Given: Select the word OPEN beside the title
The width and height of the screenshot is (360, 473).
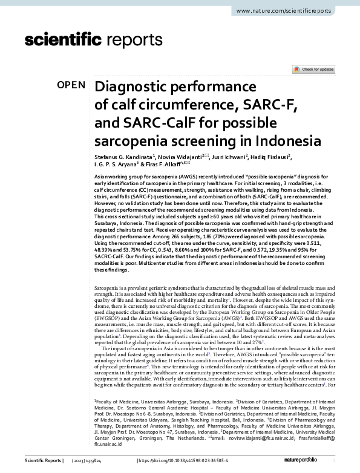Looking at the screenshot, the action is pyautogui.click(x=71, y=85).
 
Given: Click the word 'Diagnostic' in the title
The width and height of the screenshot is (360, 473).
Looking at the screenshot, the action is pyautogui.click(x=135, y=86).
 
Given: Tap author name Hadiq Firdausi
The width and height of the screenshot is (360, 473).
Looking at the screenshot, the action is pyautogui.click(x=272, y=156).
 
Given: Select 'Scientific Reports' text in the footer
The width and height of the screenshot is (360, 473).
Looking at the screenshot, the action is pyautogui.click(x=42, y=461).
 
